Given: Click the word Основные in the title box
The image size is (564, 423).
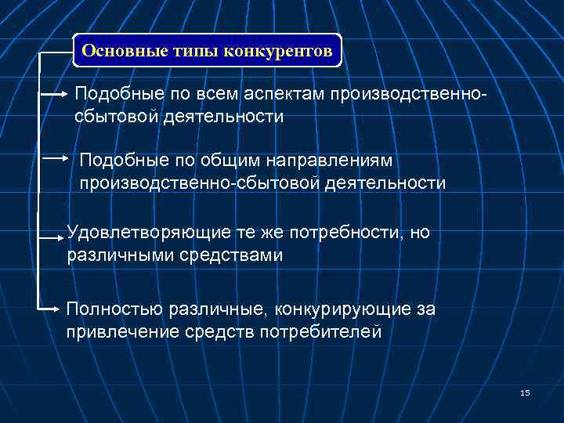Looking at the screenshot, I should tap(119, 52).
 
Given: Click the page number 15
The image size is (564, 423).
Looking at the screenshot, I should tap(524, 392).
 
